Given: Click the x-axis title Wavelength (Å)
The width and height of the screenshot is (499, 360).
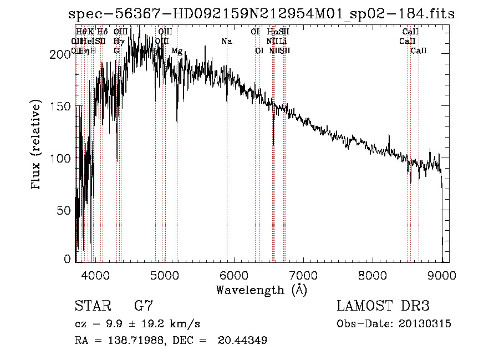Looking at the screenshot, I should [x=261, y=290].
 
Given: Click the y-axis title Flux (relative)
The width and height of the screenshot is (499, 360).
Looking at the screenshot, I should [x=37, y=145].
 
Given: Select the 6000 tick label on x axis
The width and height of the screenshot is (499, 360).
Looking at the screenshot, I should [x=234, y=275].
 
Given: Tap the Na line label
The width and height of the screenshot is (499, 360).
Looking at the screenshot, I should [x=226, y=42].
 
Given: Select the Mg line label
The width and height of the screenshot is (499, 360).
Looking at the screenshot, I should [x=177, y=51].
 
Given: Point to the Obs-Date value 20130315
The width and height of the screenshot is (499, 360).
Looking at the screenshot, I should [x=427, y=324].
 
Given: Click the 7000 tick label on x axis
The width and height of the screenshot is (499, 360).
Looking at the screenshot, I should [x=303, y=275].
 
